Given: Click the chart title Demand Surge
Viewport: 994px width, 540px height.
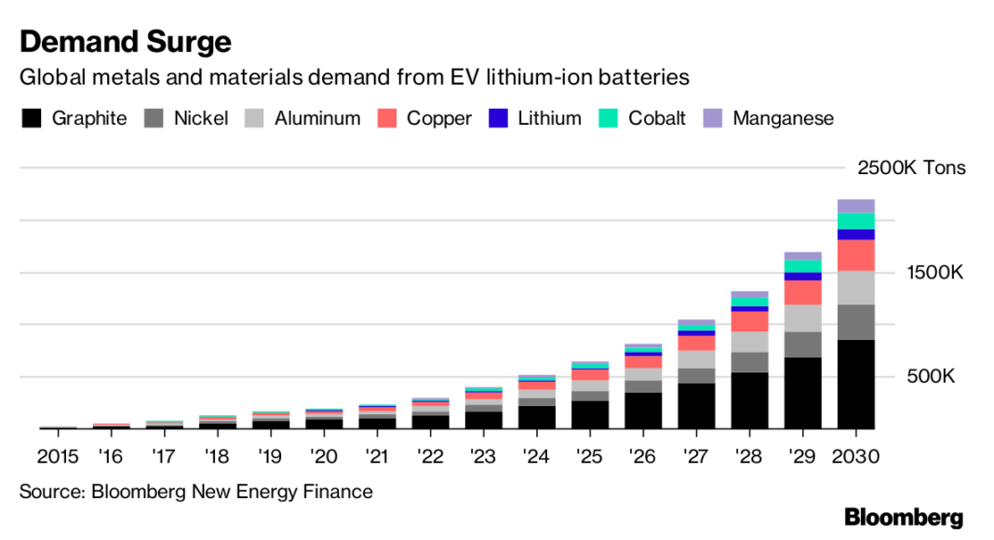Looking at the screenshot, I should (126, 42).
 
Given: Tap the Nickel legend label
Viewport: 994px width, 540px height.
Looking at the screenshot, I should (201, 118).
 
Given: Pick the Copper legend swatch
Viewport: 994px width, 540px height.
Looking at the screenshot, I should (387, 118).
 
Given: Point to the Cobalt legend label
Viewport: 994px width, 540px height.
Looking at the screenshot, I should (657, 118).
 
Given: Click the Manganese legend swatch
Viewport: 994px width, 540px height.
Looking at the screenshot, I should (712, 118).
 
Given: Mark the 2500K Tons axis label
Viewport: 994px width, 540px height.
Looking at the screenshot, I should (911, 169).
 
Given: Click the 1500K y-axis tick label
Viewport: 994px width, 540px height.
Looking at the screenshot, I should (934, 273).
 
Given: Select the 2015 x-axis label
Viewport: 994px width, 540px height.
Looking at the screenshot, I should (58, 456).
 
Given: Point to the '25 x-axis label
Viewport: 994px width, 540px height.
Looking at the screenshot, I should (589, 456).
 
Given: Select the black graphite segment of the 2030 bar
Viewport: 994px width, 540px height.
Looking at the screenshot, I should (856, 384).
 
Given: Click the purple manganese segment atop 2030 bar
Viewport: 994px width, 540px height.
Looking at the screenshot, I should (856, 206).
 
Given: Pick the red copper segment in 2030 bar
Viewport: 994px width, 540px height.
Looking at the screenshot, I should (856, 255).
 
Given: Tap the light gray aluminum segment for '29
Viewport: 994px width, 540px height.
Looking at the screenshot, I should (802, 317).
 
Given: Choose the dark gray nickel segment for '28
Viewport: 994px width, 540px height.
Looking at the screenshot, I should (749, 362).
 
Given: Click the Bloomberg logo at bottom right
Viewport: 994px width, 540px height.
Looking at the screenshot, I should (903, 518).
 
